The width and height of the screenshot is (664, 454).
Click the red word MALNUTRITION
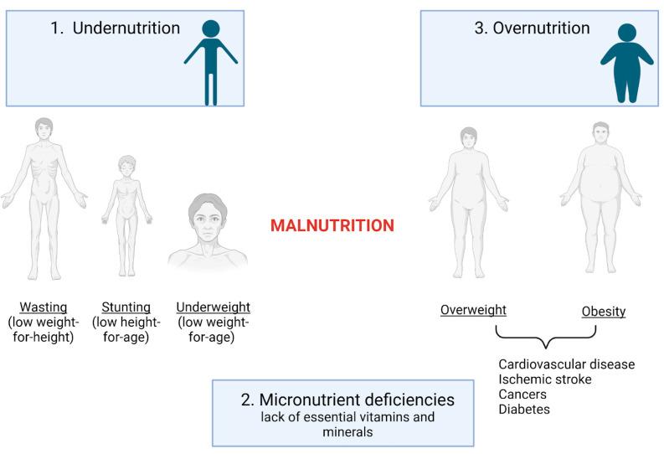pyautogui.click(x=332, y=225)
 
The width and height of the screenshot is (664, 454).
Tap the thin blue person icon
pyautogui.click(x=211, y=63)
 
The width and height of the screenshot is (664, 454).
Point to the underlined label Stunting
pyautogui.click(x=126, y=307)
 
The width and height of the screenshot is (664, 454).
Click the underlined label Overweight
pyautogui.click(x=473, y=311)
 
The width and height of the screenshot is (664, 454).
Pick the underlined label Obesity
pyautogui.click(x=604, y=312)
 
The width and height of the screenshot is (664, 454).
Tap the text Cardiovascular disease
pyautogui.click(x=566, y=364)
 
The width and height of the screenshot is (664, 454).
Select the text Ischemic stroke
pyautogui.click(x=545, y=379)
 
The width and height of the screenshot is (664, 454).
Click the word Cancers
pyautogui.click(x=523, y=395)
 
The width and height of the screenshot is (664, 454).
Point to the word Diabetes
pyautogui.click(x=525, y=410)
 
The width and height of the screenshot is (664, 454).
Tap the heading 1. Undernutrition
pyautogui.click(x=116, y=28)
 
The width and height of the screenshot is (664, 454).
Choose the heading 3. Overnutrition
pyautogui.click(x=532, y=28)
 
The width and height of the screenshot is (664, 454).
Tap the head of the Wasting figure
pyautogui.click(x=44, y=132)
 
